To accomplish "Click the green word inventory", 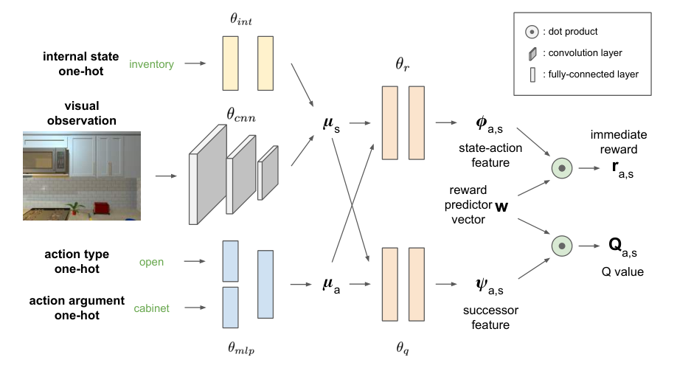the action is [x=151, y=64].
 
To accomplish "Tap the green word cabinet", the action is [x=151, y=308].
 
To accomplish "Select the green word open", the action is [x=151, y=263].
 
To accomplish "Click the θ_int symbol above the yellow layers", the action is [x=241, y=19].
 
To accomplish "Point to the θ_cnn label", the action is [x=241, y=115].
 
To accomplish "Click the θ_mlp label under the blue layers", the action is [x=241, y=347].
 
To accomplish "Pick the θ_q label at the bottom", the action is [x=403, y=347].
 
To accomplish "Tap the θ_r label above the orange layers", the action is [x=403, y=64].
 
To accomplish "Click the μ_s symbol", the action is [x=331, y=125].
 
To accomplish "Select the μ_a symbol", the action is [x=331, y=285].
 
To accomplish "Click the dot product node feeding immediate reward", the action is [x=562, y=168].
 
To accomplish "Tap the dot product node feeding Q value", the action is [x=562, y=246].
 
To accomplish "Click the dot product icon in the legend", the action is [x=532, y=32].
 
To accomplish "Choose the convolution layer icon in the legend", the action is [x=532, y=54].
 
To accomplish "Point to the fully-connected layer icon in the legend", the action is [x=532, y=74].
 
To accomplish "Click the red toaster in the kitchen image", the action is [x=102, y=208].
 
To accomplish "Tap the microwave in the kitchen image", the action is [x=46, y=160].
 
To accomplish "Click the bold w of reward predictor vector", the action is [x=501, y=207].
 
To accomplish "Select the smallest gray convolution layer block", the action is [x=268, y=173].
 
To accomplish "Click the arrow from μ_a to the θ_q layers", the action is [x=360, y=284].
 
